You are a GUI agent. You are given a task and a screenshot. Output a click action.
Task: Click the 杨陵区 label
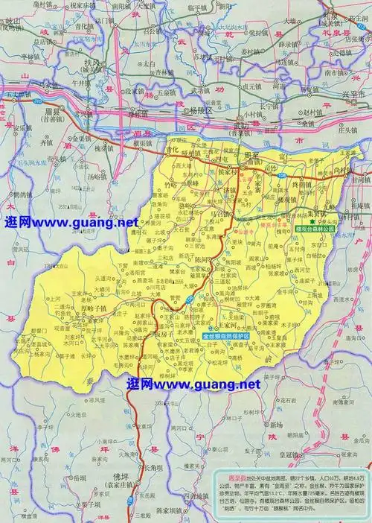199,109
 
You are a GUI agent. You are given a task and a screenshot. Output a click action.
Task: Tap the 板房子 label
167,333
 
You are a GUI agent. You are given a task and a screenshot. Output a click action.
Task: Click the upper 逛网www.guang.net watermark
71,222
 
